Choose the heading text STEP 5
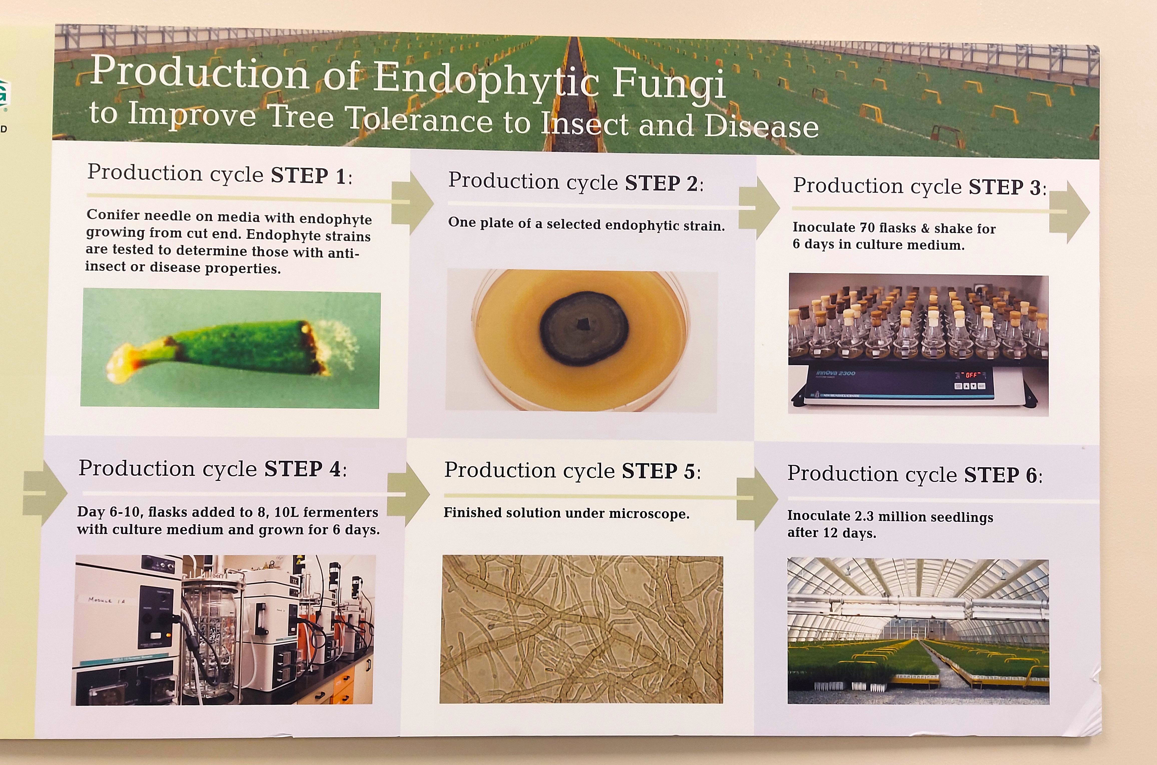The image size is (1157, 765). [x=658, y=471]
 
